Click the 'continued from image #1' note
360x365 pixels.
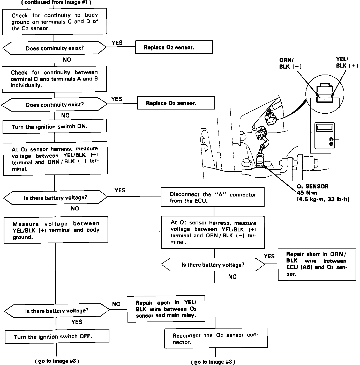[58, 2]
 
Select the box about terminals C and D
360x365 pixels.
[55, 22]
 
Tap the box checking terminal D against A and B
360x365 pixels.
[54, 79]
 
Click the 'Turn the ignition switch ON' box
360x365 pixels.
[55, 127]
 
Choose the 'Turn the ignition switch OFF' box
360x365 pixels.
[57, 337]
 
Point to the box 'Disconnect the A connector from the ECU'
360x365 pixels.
[213, 197]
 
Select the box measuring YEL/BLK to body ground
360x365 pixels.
[56, 230]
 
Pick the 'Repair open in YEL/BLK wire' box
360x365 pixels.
[166, 309]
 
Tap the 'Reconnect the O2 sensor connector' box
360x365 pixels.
[216, 339]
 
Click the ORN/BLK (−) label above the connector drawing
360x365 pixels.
[290, 63]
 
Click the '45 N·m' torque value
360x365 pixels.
[307, 193]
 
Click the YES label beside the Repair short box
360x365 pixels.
[269, 256]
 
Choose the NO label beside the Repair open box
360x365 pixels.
[116, 304]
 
